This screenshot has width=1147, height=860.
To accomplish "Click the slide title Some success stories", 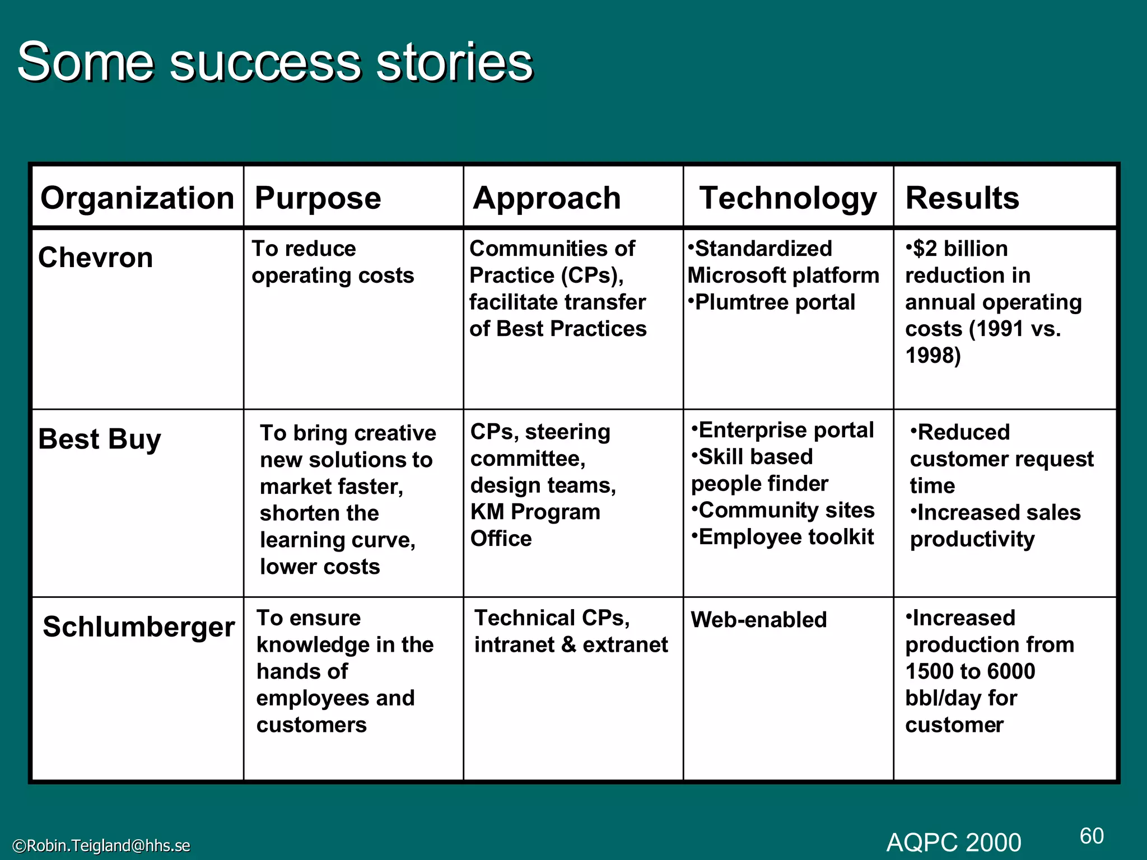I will click(x=274, y=62).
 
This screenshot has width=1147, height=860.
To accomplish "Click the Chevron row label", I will click(x=95, y=258).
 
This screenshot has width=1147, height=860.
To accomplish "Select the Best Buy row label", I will click(x=100, y=439).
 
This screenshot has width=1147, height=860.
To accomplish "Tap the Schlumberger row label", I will click(x=138, y=627).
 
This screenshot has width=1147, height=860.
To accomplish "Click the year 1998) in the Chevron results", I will click(x=933, y=356).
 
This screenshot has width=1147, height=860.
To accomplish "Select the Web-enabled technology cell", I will click(x=758, y=620).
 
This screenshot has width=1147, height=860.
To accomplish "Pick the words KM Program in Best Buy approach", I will click(x=535, y=512).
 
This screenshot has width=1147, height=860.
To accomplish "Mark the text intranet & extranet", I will click(x=571, y=645).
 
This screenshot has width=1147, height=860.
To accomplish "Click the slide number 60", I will click(x=1092, y=836).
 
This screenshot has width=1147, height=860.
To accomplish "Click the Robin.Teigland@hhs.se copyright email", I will click(x=101, y=845).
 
